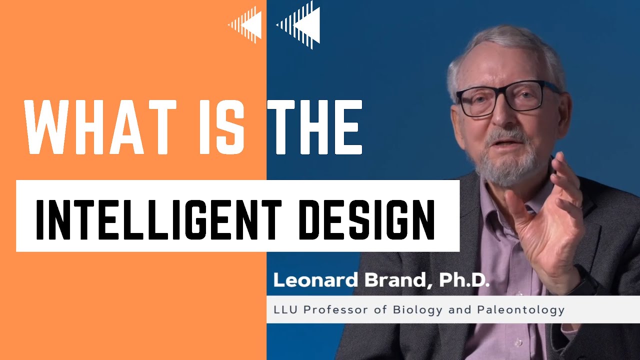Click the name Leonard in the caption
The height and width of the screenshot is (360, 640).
point(315,280)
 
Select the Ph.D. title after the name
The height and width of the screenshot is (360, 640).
point(464,280)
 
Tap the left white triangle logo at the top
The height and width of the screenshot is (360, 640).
point(246,23)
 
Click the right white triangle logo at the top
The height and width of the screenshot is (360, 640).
point(300,23)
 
